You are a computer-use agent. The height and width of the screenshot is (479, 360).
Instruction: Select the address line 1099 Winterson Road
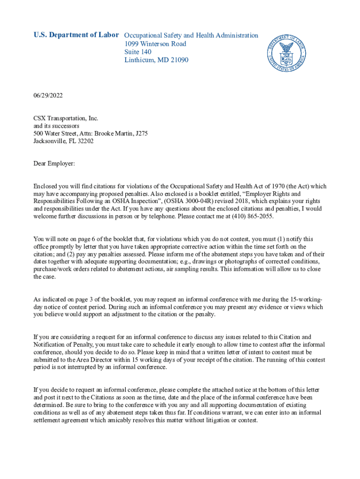(155, 44)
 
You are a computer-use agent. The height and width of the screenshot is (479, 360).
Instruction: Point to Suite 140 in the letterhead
(138, 52)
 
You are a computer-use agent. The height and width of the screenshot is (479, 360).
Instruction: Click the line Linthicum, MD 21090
(156, 60)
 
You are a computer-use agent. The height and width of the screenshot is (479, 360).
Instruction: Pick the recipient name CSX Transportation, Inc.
(65, 118)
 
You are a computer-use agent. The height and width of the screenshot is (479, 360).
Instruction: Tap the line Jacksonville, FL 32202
(63, 141)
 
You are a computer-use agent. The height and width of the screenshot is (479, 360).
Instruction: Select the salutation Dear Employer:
(54, 164)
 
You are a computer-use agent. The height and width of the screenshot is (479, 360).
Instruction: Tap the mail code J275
(141, 133)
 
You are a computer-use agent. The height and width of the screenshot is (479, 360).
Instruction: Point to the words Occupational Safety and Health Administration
(191, 35)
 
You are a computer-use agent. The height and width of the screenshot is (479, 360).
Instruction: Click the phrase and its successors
(56, 126)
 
